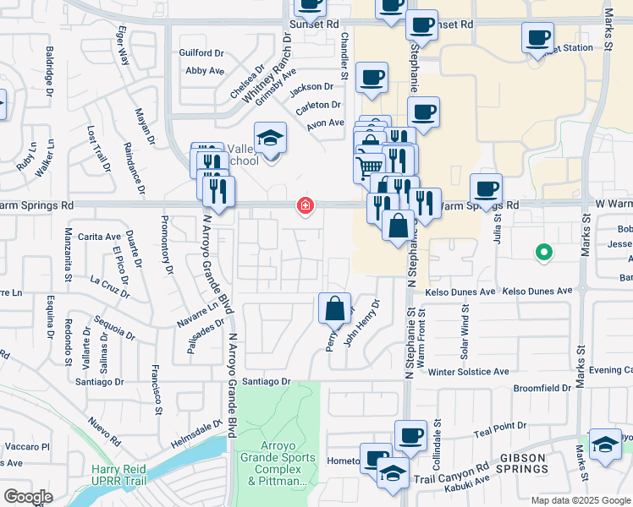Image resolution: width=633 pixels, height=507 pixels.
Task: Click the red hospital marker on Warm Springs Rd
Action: pyautogui.click(x=305, y=206)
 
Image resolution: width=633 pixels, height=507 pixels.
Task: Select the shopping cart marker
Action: pyautogui.click(x=369, y=166)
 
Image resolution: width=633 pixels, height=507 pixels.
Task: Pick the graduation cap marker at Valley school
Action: pyautogui.click(x=271, y=138)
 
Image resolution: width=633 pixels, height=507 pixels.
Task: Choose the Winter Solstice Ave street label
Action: pyautogui.click(x=468, y=371)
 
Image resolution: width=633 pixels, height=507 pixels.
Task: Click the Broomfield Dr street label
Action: pyautogui.click(x=542, y=388)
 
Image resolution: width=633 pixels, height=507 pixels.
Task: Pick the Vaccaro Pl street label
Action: pyautogui.click(x=28, y=445)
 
